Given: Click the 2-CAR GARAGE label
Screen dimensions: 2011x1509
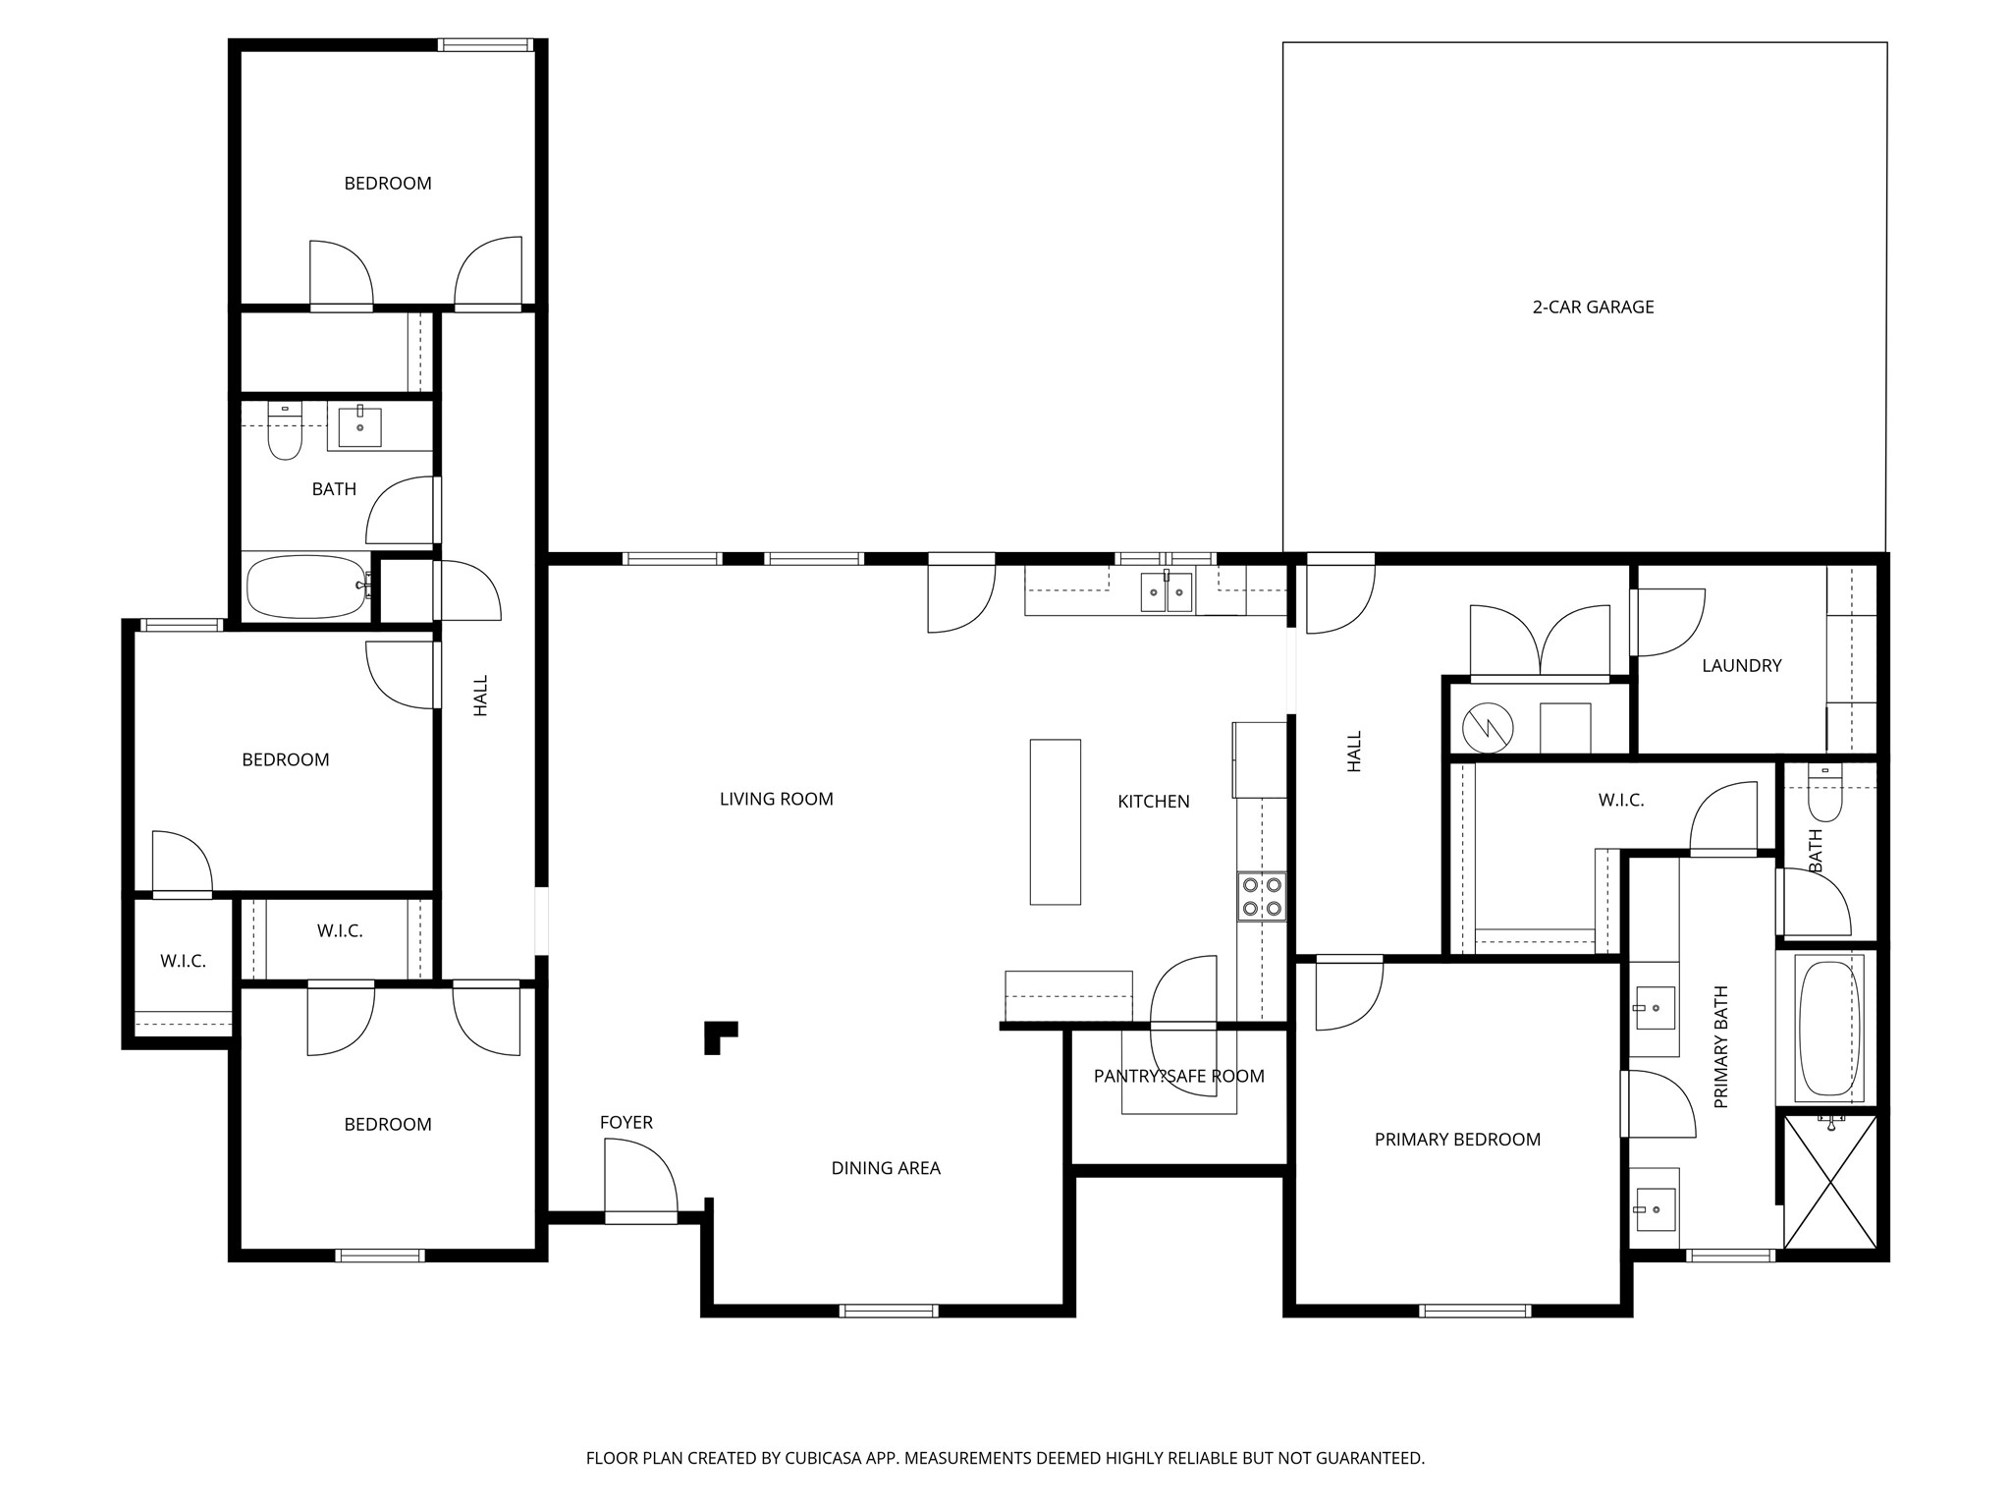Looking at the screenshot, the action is [1593, 307].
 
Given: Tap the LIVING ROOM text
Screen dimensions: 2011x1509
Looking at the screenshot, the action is [776, 800].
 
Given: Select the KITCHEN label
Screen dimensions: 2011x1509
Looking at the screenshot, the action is [1153, 802].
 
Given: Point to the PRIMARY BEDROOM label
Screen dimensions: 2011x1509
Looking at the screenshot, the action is [1457, 1140].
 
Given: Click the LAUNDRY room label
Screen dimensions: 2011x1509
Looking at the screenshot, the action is [1741, 666].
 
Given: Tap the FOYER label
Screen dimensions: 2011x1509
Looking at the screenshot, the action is [626, 1122].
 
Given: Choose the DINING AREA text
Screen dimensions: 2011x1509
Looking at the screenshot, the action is [886, 1168].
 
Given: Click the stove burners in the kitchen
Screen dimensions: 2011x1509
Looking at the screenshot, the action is [1262, 895].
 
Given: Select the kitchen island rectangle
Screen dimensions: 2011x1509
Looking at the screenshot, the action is [1055, 821].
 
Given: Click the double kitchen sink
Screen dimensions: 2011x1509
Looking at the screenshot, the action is [1167, 591].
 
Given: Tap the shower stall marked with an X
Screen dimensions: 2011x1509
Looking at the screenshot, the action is [1829, 1182].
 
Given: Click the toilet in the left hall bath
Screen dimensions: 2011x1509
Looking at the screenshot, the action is [285, 433].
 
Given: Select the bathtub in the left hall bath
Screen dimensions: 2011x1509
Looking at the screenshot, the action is [307, 587].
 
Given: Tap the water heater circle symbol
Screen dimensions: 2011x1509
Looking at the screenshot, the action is [1488, 727].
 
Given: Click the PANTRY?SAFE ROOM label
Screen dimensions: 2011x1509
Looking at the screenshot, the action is [1178, 1077].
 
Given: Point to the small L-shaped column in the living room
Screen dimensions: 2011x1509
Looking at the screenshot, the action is [718, 1035].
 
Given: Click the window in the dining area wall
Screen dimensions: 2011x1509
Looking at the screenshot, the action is [889, 1310].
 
